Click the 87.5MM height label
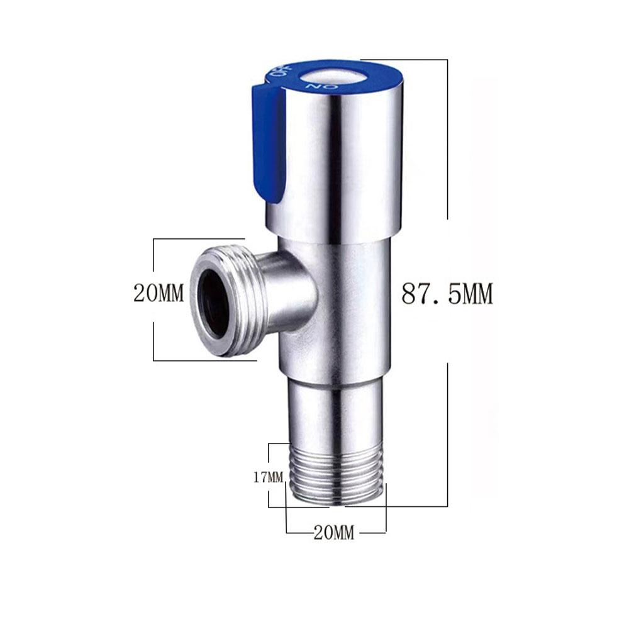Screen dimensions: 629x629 [x=447, y=294]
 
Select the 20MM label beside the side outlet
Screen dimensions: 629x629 [x=159, y=293]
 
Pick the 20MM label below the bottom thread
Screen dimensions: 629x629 [x=333, y=533]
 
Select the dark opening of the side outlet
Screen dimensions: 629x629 [x=212, y=302]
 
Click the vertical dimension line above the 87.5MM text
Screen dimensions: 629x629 [x=447, y=138]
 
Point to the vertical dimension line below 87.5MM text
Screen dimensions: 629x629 [x=447, y=434]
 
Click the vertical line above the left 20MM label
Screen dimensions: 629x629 [x=153, y=258]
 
